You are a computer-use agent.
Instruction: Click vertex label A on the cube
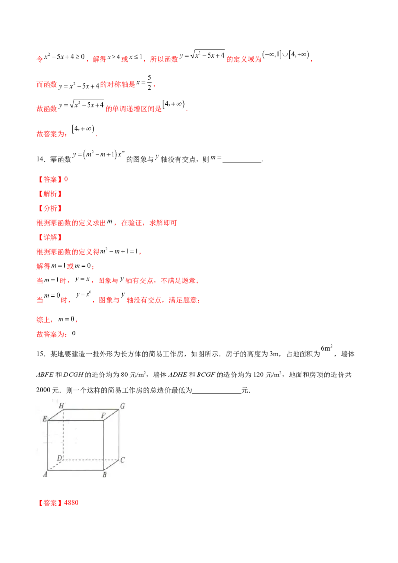[45, 475]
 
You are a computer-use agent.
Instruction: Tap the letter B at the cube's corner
[105, 475]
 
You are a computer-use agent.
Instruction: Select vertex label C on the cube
[122, 460]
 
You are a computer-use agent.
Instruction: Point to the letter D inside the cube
[59, 458]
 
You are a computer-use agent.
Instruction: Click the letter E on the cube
[44, 419]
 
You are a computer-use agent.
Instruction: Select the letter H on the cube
[61, 406]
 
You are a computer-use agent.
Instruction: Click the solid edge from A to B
[75, 470]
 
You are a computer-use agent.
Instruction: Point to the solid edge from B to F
[103, 445]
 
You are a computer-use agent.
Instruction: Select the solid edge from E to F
[75, 421]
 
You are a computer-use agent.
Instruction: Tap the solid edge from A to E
[47, 445]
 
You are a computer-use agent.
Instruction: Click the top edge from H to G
[90, 409]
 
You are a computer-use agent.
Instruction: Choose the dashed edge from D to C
[90, 458]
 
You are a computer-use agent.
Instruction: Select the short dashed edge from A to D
[55, 464]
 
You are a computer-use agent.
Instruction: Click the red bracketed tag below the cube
[51, 503]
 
